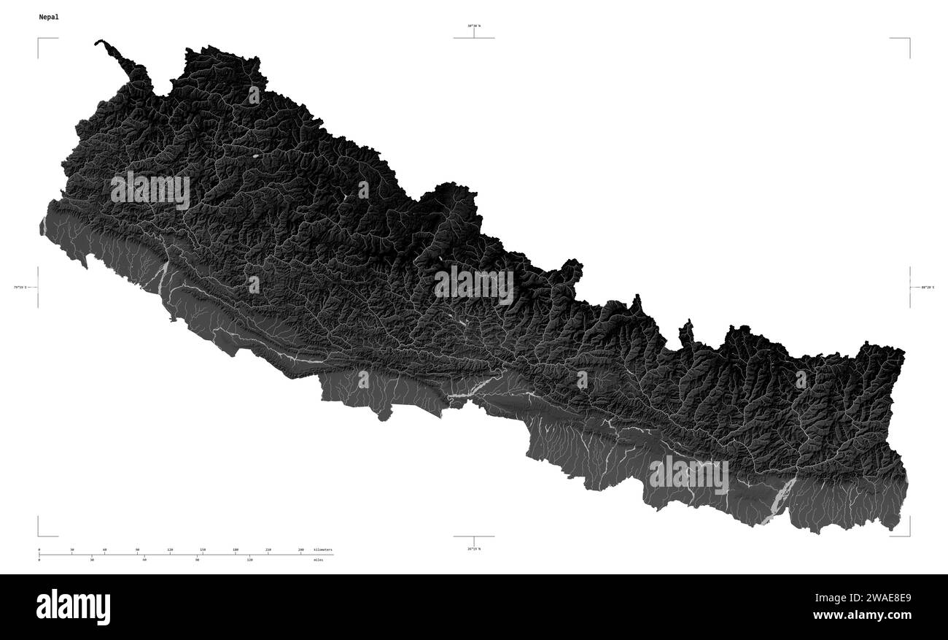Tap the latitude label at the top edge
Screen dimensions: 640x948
(474, 26)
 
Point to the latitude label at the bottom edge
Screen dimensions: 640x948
(474, 548)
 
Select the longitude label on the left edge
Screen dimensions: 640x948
(20, 288)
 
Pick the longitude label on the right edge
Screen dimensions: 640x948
(927, 288)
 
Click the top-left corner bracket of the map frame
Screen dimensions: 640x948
(39, 39)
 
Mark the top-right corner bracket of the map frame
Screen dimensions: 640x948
(908, 39)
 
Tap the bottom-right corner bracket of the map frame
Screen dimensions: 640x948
(908, 533)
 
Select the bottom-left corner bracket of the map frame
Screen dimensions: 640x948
(39, 533)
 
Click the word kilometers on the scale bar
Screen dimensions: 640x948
(322, 549)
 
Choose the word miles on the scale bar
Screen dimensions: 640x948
(318, 560)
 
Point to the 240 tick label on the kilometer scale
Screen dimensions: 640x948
(300, 549)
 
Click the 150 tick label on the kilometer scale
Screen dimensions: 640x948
(203, 549)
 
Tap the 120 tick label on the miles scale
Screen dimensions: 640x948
(249, 560)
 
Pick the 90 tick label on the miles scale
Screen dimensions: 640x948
(197, 560)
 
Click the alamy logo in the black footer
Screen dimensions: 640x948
(73, 607)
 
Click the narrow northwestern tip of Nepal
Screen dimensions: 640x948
(100, 43)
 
